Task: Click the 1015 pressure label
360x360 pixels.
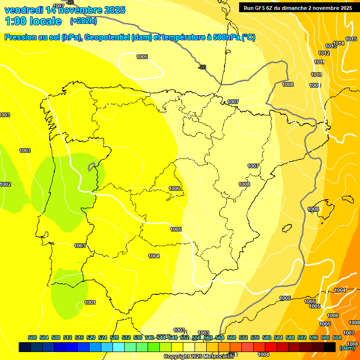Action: click(x=351, y=39)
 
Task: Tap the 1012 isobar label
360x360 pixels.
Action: click(x=324, y=53)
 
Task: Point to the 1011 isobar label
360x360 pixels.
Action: click(x=320, y=62)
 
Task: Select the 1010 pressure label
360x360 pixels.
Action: click(x=316, y=75)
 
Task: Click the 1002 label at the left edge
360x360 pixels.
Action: click(x=5, y=184)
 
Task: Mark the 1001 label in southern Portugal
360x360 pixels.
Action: click(x=90, y=302)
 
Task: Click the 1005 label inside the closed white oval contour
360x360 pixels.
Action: click(x=142, y=57)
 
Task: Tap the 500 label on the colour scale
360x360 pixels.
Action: click(x=32, y=337)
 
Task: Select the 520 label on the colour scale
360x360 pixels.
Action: click(x=91, y=337)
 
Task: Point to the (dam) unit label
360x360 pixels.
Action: click(x=347, y=347)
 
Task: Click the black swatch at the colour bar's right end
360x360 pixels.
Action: click(x=329, y=347)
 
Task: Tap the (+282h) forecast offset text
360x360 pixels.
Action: click(x=83, y=21)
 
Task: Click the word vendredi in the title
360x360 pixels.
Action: click(x=23, y=9)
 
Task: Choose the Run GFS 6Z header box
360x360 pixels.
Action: click(x=298, y=7)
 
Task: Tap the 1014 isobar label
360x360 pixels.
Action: click(x=338, y=43)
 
